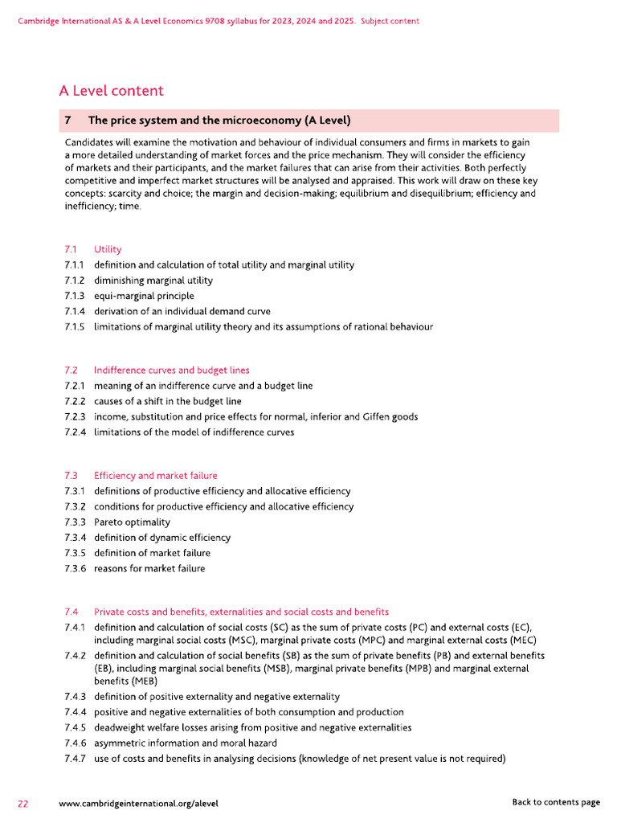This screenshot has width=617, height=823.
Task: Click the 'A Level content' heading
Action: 111,91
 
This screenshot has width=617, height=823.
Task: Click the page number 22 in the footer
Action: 24,802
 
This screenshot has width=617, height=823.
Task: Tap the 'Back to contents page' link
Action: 556,802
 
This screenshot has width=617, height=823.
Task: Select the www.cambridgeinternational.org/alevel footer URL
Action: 138,802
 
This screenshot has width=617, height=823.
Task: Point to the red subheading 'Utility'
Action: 108,249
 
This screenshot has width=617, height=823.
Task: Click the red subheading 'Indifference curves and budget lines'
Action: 171,371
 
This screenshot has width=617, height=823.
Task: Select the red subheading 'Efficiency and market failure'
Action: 155,476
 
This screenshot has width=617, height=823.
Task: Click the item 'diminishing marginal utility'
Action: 153,280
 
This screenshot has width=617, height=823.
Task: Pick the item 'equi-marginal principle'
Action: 144,296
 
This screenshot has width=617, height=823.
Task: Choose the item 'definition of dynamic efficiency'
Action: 162,538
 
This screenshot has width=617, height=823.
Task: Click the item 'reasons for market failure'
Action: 149,569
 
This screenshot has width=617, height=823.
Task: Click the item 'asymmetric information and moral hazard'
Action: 186,743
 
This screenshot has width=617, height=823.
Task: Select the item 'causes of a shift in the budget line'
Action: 167,402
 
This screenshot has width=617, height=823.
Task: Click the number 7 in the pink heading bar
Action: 68,121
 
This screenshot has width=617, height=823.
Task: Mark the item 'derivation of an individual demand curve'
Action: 182,311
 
